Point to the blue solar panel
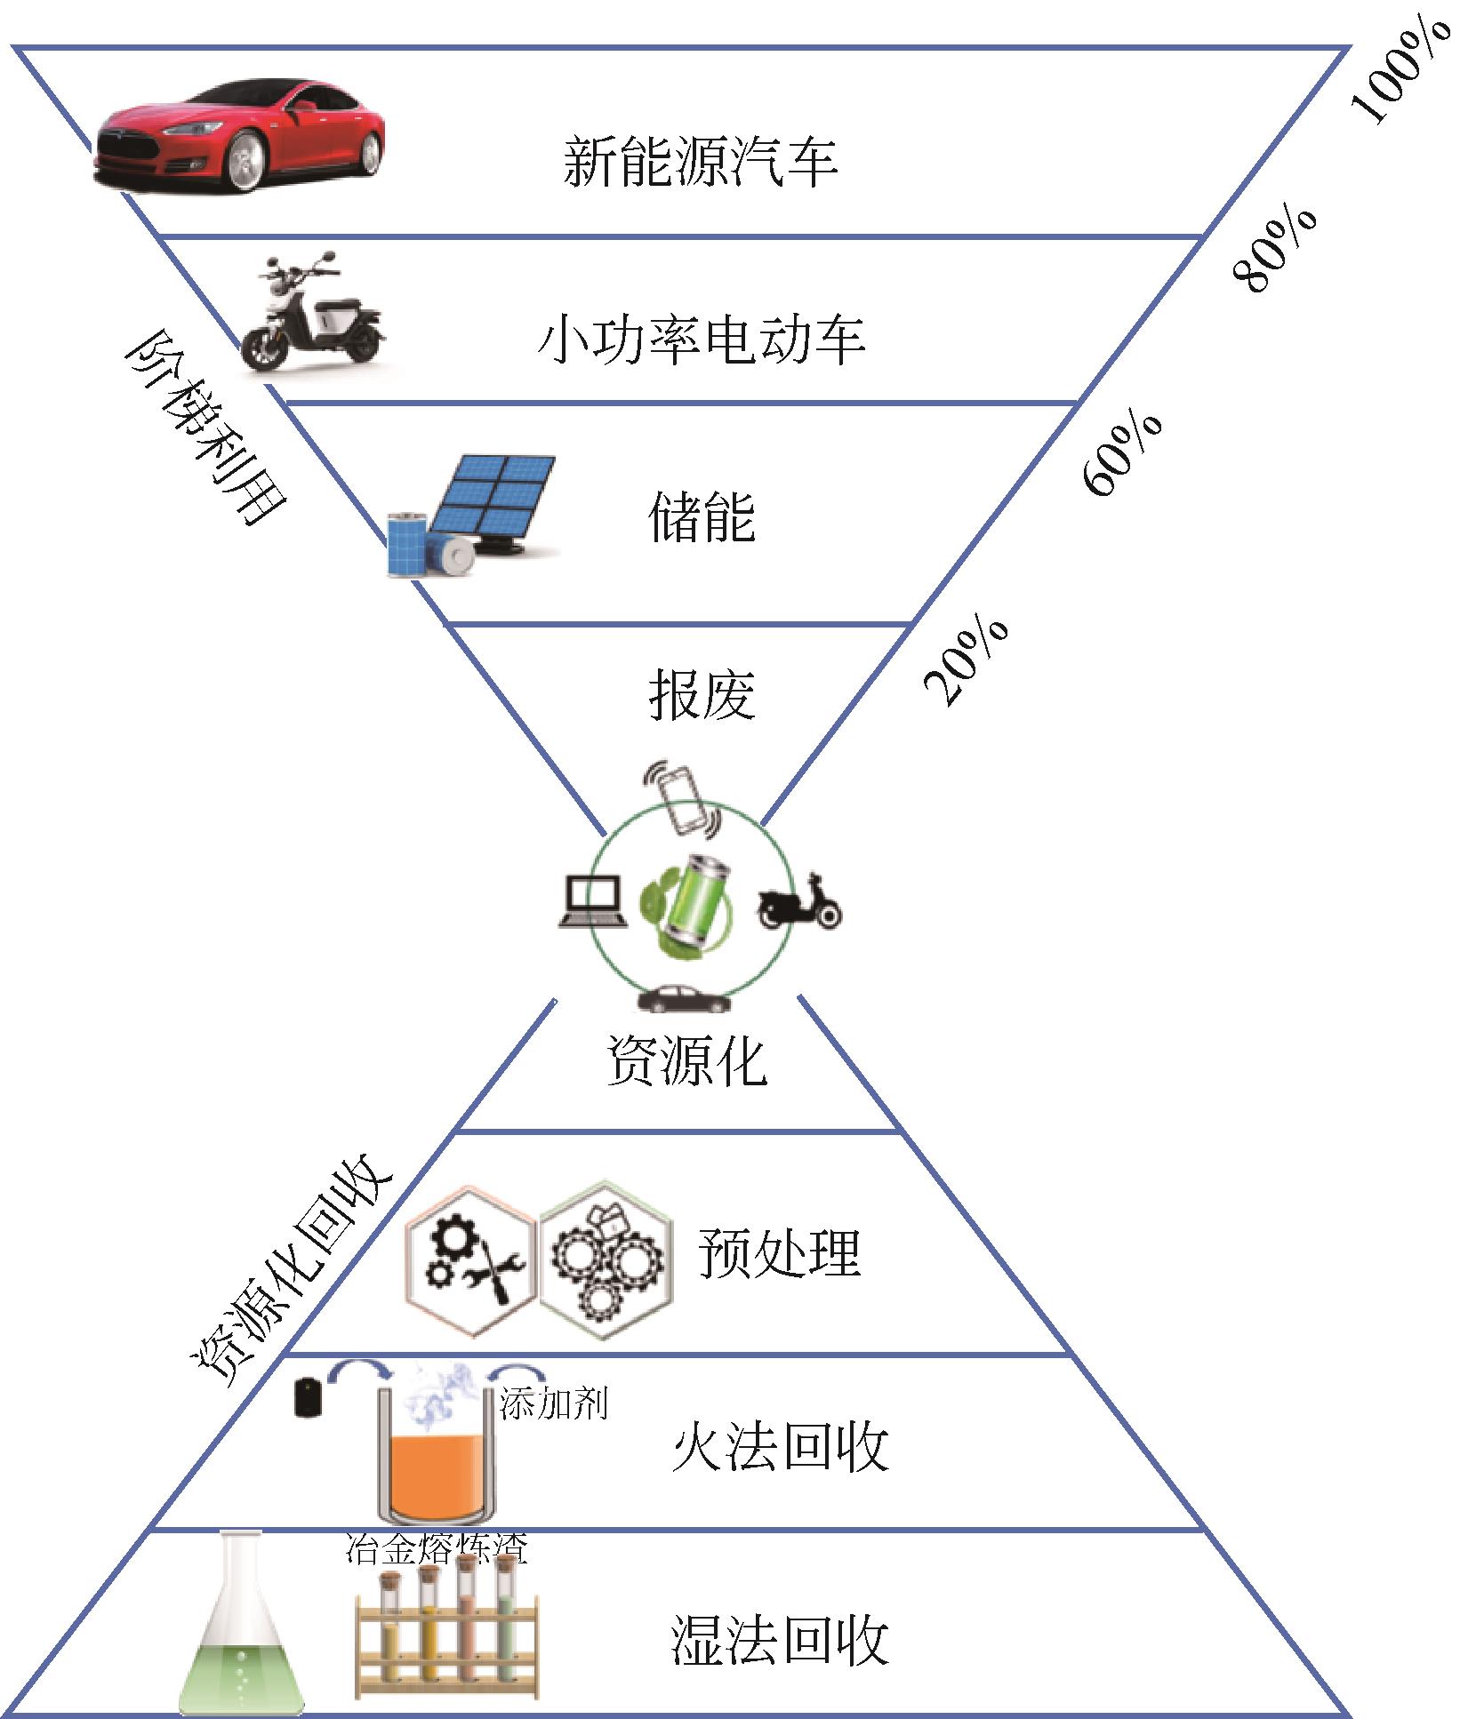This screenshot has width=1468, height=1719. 494,499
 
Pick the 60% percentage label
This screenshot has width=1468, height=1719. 1122,453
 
